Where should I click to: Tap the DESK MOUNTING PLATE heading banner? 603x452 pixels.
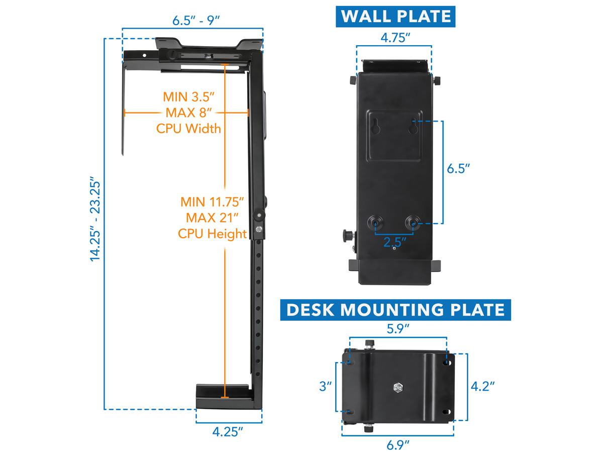click(395, 309)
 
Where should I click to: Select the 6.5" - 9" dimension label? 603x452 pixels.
click(196, 21)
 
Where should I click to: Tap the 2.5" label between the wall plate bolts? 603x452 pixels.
click(395, 242)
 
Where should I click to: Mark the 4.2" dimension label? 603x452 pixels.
click(482, 386)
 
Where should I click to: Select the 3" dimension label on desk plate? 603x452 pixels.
click(326, 386)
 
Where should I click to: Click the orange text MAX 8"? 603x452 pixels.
click(188, 112)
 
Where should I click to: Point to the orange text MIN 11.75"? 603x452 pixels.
click(213, 202)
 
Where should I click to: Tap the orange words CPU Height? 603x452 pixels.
click(213, 234)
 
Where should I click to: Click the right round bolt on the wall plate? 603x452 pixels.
click(414, 221)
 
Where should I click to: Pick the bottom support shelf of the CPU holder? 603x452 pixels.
click(224, 395)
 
